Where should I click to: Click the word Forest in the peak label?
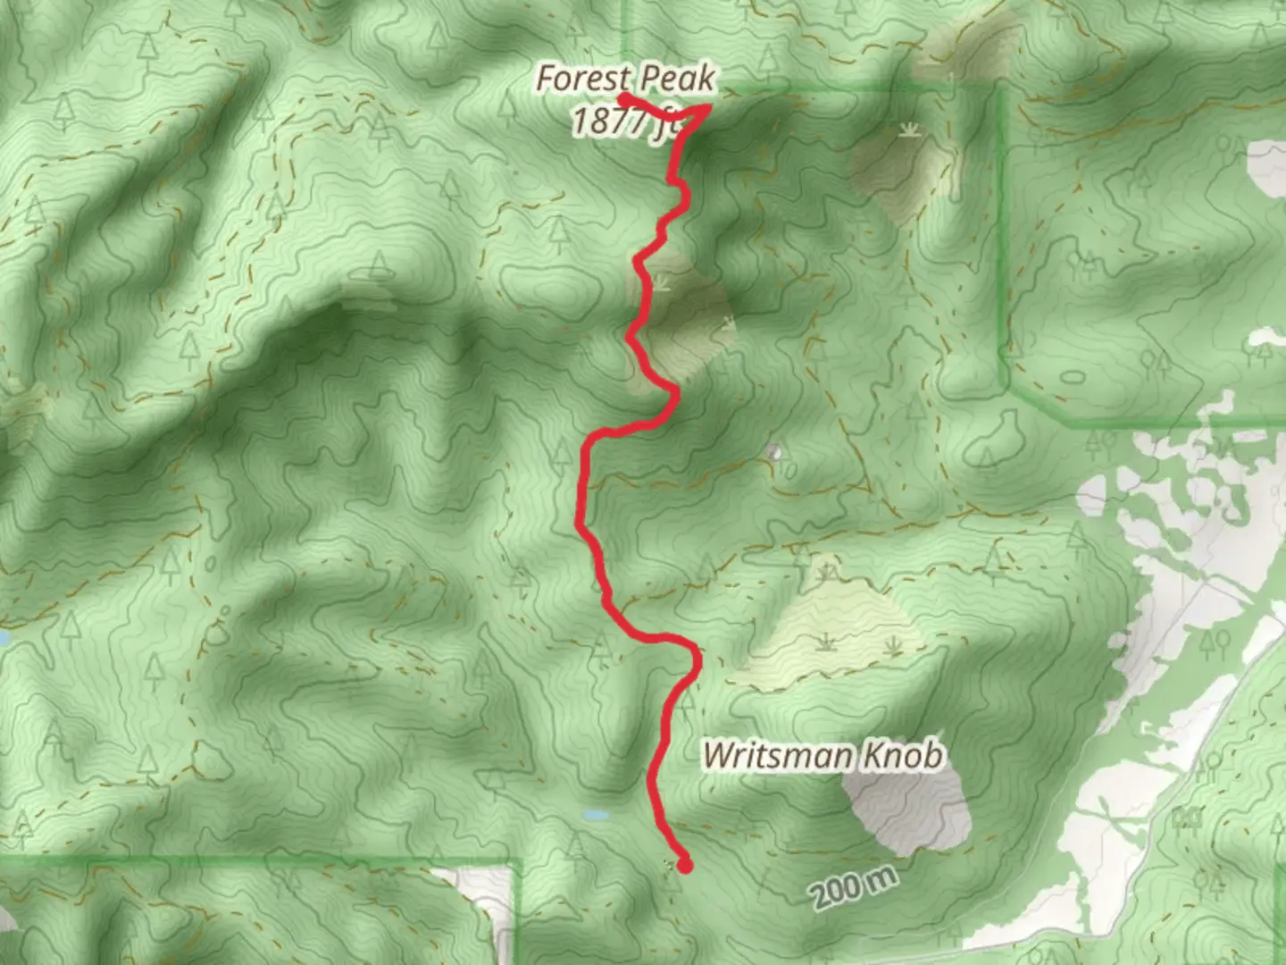tap(583, 80)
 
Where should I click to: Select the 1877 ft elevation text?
tap(625, 122)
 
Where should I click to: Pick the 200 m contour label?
tap(854, 888)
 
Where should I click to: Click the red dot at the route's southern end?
tap(685, 864)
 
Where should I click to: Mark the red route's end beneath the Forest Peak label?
tap(622, 96)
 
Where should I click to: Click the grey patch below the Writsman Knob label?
tap(911, 813)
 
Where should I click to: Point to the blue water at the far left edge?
tap(4, 638)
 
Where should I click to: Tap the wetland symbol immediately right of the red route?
tap(664, 284)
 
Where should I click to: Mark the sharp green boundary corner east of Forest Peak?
tap(998, 89)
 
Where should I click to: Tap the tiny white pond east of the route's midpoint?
tap(775, 453)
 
